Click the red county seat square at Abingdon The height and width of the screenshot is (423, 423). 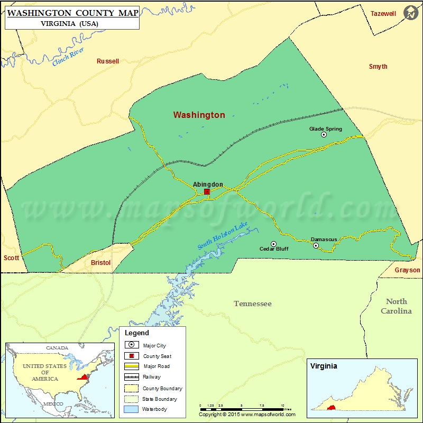[x=207, y=191]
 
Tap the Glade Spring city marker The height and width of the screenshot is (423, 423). [x=324, y=135]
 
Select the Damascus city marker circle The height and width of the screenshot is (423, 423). [x=316, y=245]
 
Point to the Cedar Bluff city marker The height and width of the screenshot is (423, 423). [x=273, y=243]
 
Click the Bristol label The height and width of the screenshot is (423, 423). [x=100, y=263]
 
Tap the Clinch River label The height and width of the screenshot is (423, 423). [x=68, y=57]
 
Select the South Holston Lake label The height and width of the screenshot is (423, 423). [x=223, y=236]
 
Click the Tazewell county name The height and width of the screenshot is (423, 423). [x=383, y=14]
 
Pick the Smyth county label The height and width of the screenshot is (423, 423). [x=378, y=67]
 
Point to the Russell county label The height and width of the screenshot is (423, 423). [x=108, y=61]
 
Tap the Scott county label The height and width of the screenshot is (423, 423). [x=11, y=258]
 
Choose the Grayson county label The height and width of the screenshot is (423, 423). [x=407, y=270]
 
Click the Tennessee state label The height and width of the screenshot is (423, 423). [x=253, y=304]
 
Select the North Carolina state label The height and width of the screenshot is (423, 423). [x=396, y=306]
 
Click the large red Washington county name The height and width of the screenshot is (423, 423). [x=199, y=115]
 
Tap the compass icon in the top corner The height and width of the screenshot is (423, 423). [x=410, y=13]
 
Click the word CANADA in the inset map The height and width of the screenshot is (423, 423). [x=57, y=348]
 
